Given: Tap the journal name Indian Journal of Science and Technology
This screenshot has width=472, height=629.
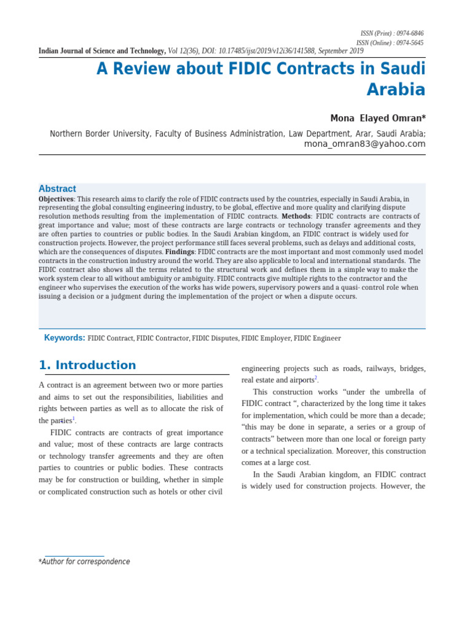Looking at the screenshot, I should pyautogui.click(x=102, y=51).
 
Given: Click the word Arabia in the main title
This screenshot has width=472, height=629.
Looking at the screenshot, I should pyautogui.click(x=396, y=90).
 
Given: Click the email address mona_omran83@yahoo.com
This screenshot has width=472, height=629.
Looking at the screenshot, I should pyautogui.click(x=364, y=144).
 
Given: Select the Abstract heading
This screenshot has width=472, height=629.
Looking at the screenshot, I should pyautogui.click(x=57, y=189).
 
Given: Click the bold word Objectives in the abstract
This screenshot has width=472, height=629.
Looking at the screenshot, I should pyautogui.click(x=56, y=199).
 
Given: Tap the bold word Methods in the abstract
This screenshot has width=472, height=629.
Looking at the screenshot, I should pyautogui.click(x=296, y=217).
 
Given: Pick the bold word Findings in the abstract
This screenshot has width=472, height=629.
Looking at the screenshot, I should pyautogui.click(x=179, y=252).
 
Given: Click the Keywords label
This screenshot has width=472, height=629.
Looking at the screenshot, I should pyautogui.click(x=65, y=338).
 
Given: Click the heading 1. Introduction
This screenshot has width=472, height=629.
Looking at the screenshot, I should pyautogui.click(x=87, y=365).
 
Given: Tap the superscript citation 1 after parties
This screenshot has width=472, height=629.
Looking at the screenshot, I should pyautogui.click(x=74, y=418).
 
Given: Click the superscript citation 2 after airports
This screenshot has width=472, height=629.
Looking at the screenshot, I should pyautogui.click(x=315, y=378).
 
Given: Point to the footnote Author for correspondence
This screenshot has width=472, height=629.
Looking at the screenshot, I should pyautogui.click(x=85, y=561).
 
